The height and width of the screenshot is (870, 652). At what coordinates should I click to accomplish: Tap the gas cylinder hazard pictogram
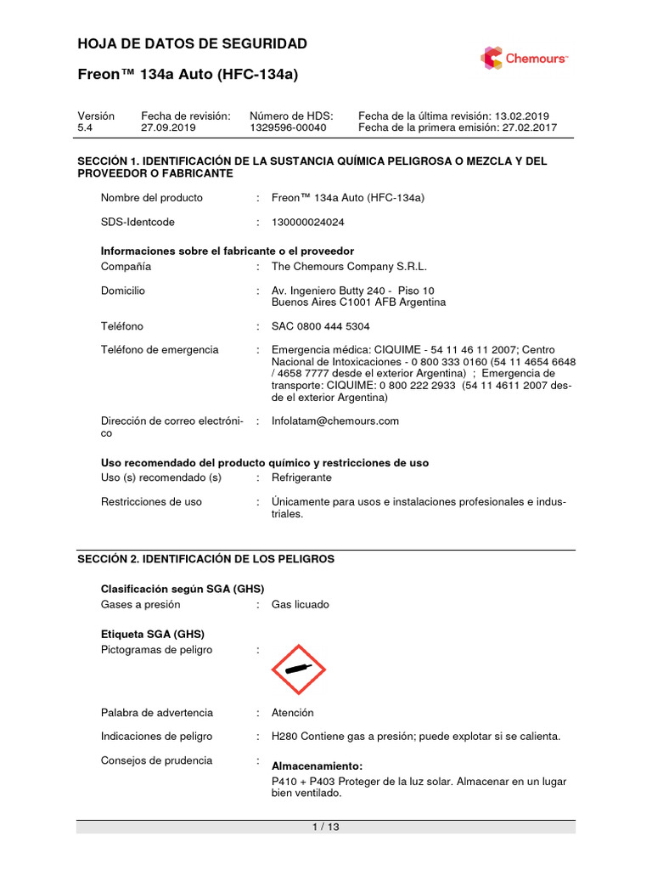299,669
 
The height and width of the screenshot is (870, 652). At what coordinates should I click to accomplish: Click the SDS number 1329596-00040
288,127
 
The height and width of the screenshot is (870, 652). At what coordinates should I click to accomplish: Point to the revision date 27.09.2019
168,127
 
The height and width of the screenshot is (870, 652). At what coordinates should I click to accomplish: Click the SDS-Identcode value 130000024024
307,222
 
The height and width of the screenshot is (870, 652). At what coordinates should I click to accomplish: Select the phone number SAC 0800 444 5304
320,326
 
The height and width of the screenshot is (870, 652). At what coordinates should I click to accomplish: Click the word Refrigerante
301,477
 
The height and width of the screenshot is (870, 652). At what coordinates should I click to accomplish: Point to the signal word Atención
292,713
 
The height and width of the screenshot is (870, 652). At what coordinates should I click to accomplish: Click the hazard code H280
285,736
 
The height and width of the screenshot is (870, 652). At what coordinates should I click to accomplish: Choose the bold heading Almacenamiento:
317,765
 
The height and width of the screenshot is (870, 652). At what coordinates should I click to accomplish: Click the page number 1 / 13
326,827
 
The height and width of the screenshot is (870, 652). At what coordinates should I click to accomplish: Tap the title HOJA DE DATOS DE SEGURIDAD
193,44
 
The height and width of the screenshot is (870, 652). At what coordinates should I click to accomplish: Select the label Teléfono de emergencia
160,349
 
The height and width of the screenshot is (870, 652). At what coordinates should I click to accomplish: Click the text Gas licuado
300,604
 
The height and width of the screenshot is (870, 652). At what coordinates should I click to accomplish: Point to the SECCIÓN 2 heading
205,559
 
